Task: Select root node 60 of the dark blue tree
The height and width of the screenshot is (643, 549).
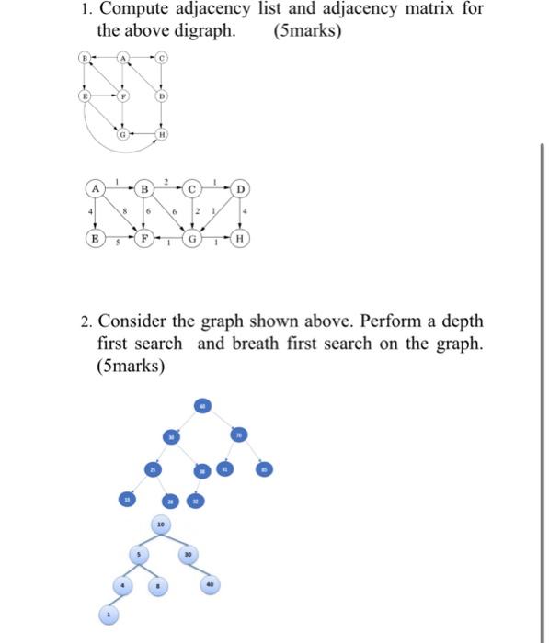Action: [202, 405]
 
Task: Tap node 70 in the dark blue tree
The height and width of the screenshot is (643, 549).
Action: [237, 434]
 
